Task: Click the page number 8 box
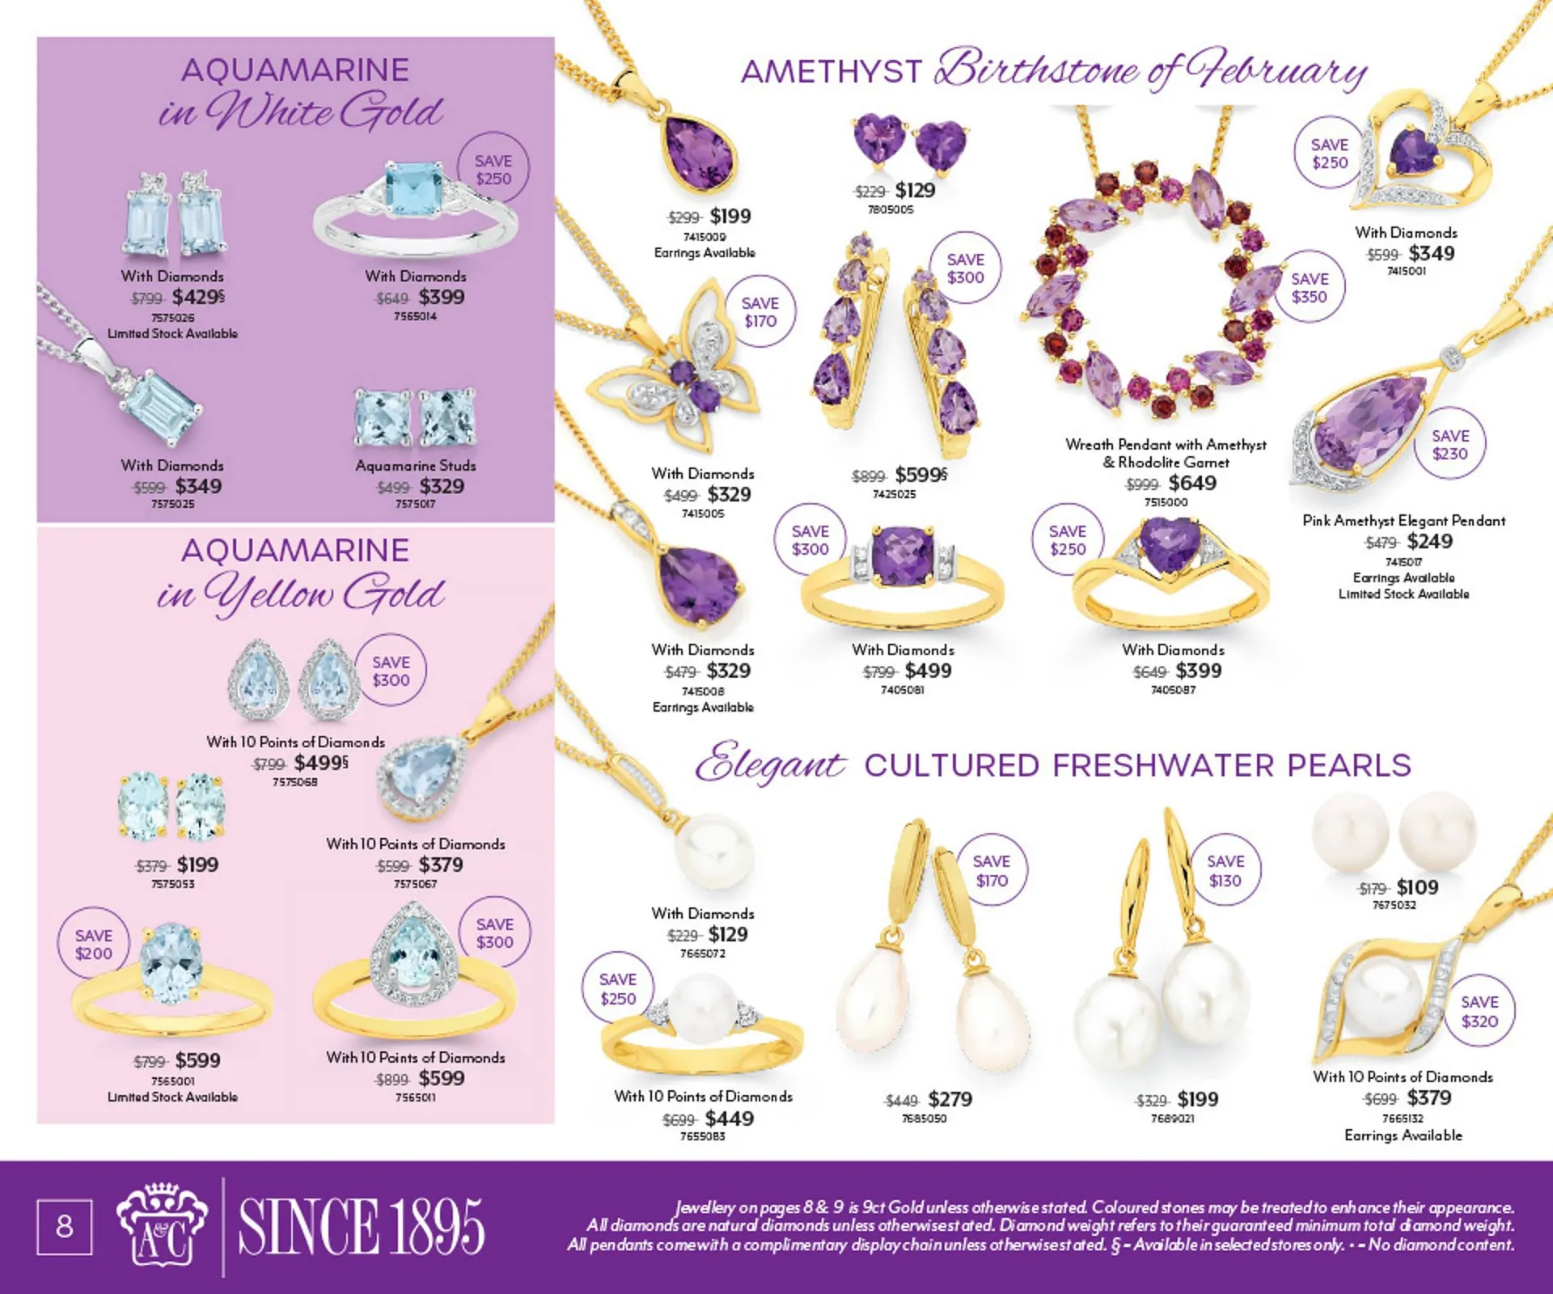click(64, 1226)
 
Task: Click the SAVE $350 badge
click(1309, 287)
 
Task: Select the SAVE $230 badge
click(1449, 444)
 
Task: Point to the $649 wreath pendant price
click(1192, 483)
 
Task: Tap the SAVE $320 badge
click(1479, 1011)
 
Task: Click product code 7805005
click(890, 209)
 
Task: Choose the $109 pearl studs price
click(1417, 887)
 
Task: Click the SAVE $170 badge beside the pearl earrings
click(991, 870)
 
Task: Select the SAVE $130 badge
click(1225, 870)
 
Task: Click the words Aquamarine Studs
click(416, 466)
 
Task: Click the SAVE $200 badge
click(94, 944)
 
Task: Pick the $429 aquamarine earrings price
click(197, 297)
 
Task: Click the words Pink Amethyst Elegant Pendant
click(1403, 521)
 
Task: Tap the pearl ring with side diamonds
click(702, 1024)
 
